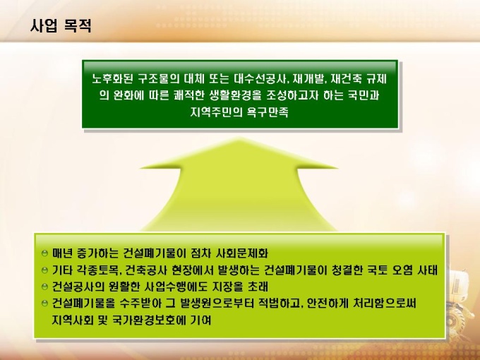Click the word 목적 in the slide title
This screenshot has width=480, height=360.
pyautogui.click(x=78, y=25)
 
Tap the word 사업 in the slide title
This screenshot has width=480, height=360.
pyautogui.click(x=44, y=25)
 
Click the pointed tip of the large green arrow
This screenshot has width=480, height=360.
pyautogui.click(x=239, y=138)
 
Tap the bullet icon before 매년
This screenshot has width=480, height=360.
pyautogui.click(x=45, y=253)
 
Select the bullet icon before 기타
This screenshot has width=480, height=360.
pyautogui.click(x=45, y=270)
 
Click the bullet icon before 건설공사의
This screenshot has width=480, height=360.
pyautogui.click(x=45, y=287)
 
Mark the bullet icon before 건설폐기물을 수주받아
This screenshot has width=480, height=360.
pyautogui.click(x=45, y=303)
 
